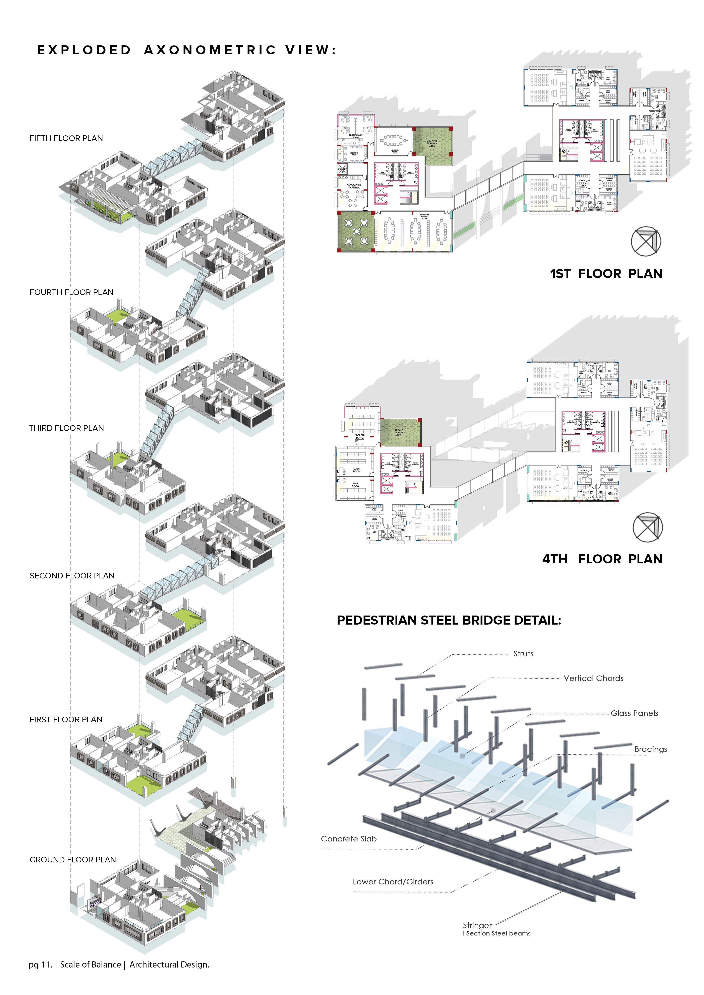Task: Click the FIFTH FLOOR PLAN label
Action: click(x=66, y=138)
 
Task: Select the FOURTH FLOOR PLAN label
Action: click(x=71, y=292)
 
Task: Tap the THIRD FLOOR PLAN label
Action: click(x=66, y=428)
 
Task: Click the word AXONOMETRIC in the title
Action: click(x=210, y=50)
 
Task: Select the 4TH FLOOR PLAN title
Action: click(x=602, y=559)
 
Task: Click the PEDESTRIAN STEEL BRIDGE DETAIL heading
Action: click(x=449, y=621)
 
